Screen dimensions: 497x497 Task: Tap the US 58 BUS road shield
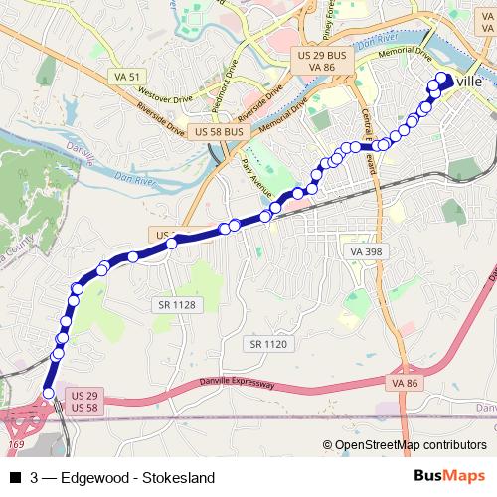click(x=219, y=131)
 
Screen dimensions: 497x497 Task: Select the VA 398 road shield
click(x=366, y=253)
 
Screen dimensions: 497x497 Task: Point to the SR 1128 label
click(x=176, y=304)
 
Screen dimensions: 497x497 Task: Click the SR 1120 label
click(x=268, y=343)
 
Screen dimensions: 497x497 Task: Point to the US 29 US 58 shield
click(x=84, y=403)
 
